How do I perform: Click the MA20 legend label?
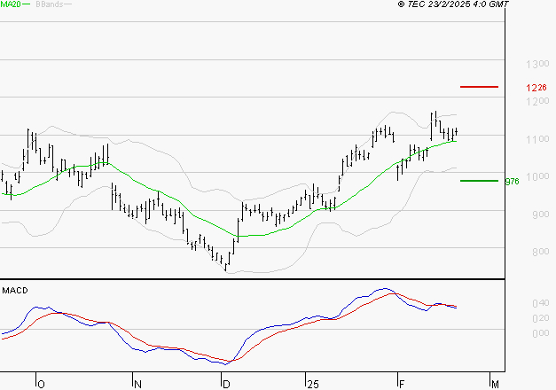pos(12,4)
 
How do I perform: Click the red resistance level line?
pos(480,87)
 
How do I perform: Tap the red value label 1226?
pos(536,88)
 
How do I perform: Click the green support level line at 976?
pos(479,181)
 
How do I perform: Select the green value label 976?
pos(512,182)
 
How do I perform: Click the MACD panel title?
pos(14,290)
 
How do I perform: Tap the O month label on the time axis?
pos(40,384)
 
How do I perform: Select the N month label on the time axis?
pos(137,384)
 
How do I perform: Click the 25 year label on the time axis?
pos(311,384)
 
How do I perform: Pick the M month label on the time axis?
pos(496,384)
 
